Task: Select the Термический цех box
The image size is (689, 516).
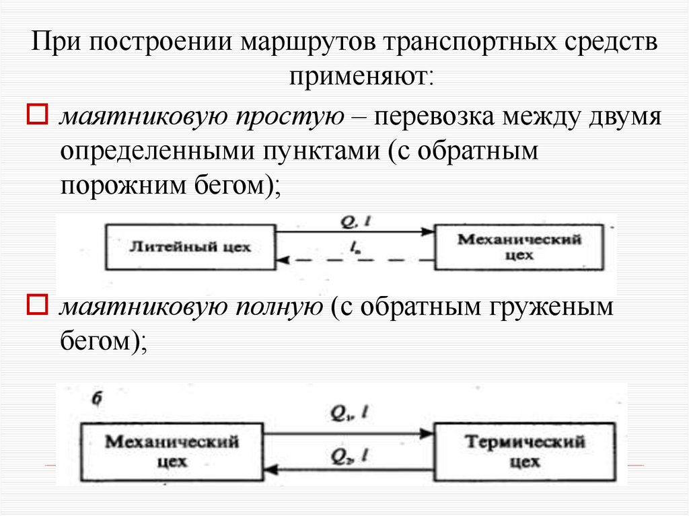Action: pos(524,452)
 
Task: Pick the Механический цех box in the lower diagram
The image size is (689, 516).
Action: pos(172,452)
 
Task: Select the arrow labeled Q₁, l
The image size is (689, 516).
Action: pos(348,433)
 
